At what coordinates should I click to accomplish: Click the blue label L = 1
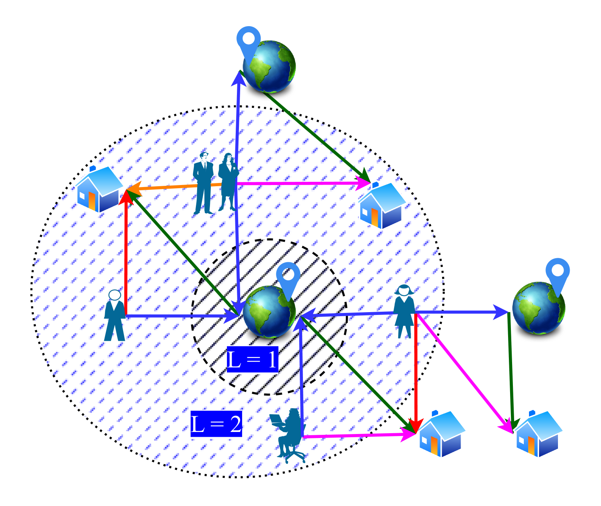click(252, 359)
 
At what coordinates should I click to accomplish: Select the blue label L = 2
click(216, 424)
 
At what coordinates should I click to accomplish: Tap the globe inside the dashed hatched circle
click(268, 312)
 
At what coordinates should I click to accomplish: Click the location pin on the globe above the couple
click(249, 41)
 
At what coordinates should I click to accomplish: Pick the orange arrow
click(173, 187)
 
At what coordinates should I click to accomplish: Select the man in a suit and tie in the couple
click(203, 183)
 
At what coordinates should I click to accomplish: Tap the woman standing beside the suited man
click(228, 181)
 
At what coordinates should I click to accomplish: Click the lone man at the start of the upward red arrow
click(115, 316)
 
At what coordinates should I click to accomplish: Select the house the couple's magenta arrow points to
click(382, 206)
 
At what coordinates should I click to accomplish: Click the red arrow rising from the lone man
click(126, 253)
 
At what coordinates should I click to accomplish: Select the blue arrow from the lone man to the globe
click(181, 316)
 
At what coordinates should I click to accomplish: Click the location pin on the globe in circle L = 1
click(288, 276)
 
